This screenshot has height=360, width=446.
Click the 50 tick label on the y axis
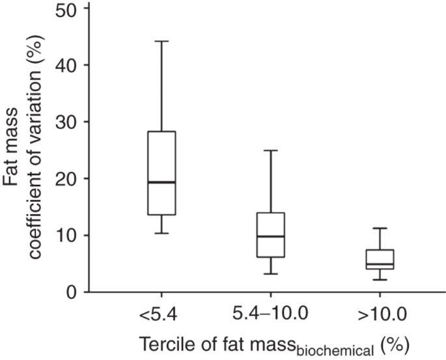65,9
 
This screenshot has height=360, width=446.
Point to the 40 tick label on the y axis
65,65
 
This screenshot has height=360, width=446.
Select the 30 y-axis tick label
65,122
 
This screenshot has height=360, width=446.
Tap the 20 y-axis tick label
65,178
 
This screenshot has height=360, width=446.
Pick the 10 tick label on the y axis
65,235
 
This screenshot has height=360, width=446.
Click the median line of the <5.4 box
161,182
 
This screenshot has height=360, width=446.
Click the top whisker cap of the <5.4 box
161,41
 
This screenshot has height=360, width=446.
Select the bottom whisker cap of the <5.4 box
161,233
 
